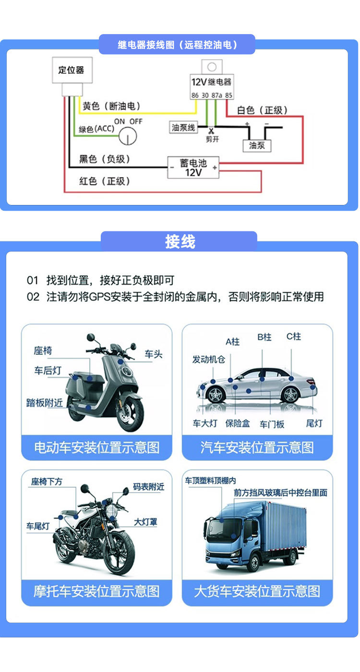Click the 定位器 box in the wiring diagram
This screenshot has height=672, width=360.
coord(72,70)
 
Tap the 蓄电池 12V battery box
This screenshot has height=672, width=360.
coord(193,168)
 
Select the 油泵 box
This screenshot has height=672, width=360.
coord(257,145)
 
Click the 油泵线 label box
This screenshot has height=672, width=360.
coord(184,127)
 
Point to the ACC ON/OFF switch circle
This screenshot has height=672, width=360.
coord(128,136)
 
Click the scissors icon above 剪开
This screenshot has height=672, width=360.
coord(210,131)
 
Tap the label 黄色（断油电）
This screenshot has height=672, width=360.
coord(112,106)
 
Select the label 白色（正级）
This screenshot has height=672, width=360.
coord(262,110)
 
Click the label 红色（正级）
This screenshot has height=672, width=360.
coord(105,181)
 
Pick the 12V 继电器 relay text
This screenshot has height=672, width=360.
coord(211,82)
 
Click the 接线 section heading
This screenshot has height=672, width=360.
coord(180,241)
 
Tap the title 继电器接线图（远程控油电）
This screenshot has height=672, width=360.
coord(178,45)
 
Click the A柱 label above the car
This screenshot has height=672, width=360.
coord(232,342)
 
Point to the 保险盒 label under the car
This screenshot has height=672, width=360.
coord(238,423)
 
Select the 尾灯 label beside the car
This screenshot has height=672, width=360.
coord(314,423)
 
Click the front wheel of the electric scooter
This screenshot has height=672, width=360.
coord(130,413)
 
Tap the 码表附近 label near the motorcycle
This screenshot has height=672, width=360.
coord(148,487)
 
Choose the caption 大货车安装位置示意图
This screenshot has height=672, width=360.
coord(257,591)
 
